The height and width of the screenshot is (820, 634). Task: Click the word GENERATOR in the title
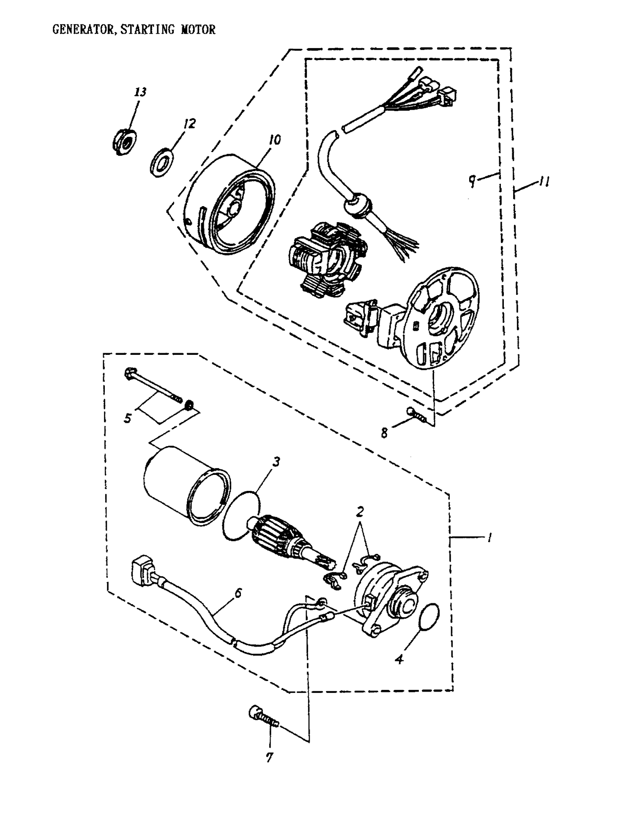click(83, 30)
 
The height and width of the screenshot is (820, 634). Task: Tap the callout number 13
click(140, 92)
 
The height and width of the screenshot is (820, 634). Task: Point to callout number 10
click(275, 140)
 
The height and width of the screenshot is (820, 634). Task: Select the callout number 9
click(472, 180)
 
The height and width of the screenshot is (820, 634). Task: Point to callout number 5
click(128, 418)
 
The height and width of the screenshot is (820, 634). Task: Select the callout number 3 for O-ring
click(276, 461)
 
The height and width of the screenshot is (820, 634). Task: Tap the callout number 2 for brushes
click(360, 512)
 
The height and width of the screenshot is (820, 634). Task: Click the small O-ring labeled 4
click(429, 617)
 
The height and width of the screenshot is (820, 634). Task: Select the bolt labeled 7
click(262, 716)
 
